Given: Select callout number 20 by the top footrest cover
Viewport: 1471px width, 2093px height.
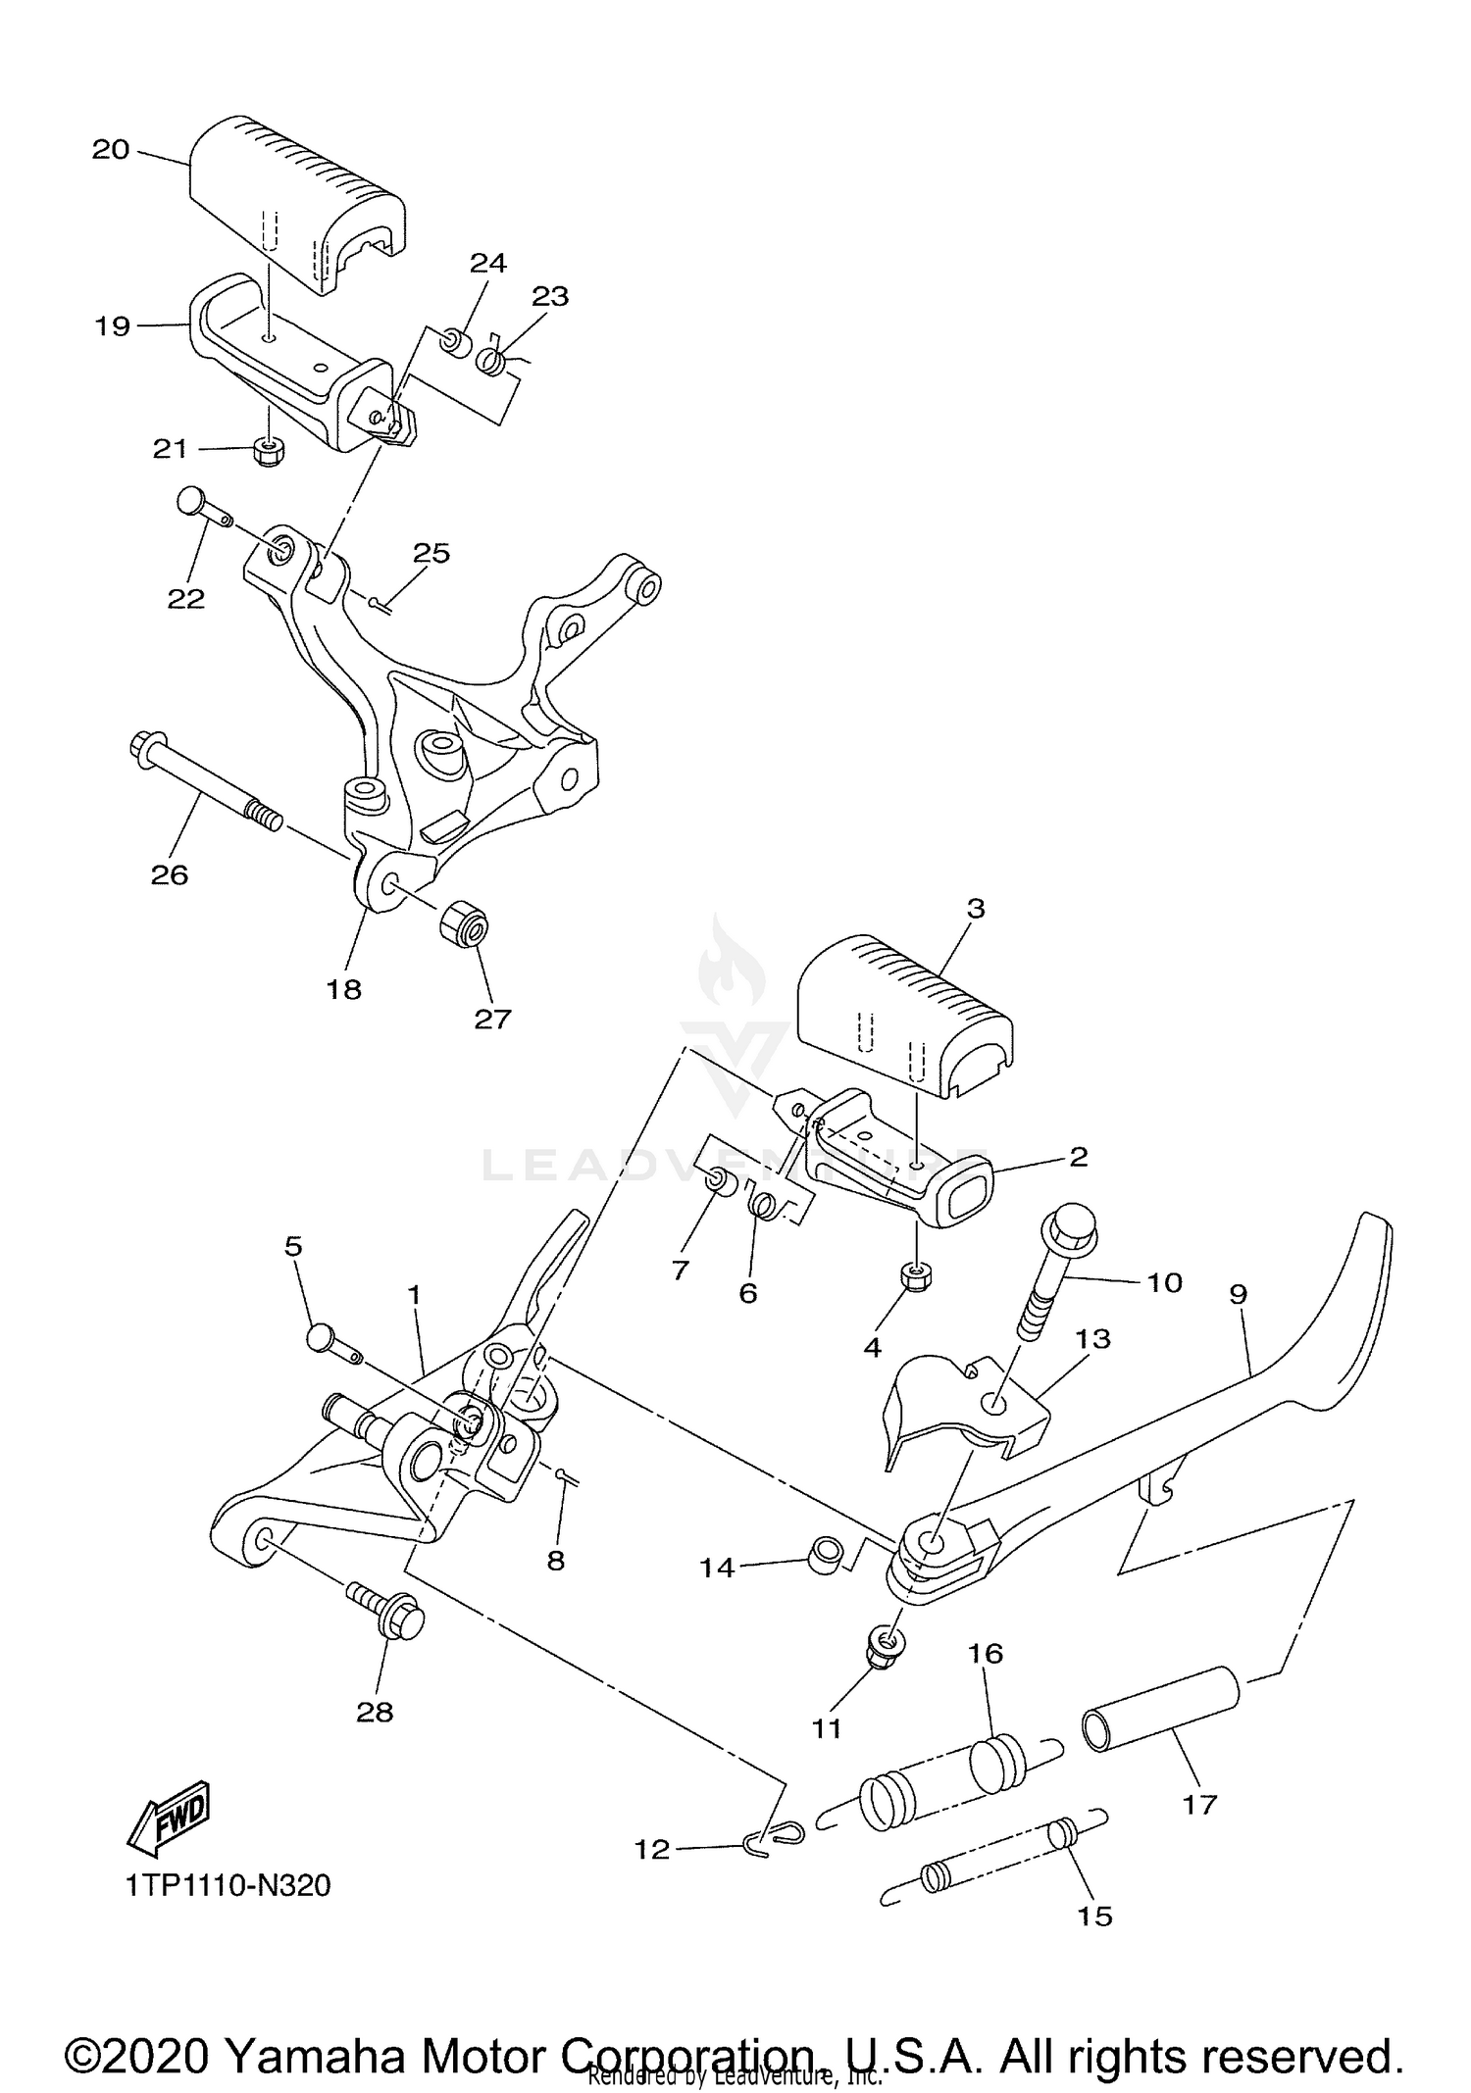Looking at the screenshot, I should (111, 149).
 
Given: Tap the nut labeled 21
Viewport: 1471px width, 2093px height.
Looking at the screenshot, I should (268, 451).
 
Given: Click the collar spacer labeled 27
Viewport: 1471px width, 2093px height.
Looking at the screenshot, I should (464, 923).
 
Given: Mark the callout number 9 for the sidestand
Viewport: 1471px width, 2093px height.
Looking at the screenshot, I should (1238, 1295).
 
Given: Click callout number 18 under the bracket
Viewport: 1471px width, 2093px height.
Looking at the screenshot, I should (344, 989).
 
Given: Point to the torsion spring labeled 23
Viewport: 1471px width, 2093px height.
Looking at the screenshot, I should (491, 361).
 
